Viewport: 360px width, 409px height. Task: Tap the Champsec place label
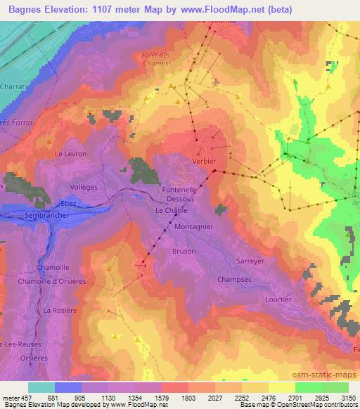tap(235, 279)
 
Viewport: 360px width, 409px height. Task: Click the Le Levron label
tap(70, 152)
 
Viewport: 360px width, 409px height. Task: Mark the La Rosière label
tap(59, 310)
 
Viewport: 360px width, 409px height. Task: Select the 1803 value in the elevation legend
tap(188, 398)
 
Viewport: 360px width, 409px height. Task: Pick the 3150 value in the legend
tap(348, 398)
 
